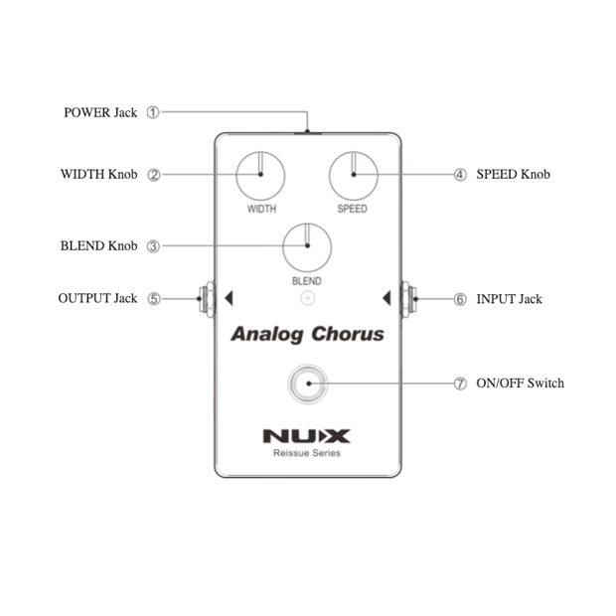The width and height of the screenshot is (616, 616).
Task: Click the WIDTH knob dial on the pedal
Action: [261, 175]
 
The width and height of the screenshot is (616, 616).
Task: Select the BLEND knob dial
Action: [307, 246]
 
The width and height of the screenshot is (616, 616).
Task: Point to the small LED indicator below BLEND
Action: [307, 296]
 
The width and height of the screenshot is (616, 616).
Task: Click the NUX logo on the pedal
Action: [306, 435]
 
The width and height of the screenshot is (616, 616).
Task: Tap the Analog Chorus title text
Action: [307, 334]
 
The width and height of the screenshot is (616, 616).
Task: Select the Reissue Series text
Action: [306, 453]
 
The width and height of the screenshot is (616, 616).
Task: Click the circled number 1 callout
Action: [153, 112]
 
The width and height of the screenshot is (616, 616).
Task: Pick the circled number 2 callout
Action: [153, 175]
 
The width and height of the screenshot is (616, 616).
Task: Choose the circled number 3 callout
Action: [153, 246]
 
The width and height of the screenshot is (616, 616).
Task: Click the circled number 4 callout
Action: [460, 175]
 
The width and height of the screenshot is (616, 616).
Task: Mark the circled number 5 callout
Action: [153, 298]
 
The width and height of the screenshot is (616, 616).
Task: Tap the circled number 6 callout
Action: [460, 298]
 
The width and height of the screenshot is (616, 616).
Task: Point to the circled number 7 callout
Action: [460, 384]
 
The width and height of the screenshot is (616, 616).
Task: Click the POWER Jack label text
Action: [100, 112]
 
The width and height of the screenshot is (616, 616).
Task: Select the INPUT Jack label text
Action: [509, 298]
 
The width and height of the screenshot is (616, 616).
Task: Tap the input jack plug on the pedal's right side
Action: [407, 298]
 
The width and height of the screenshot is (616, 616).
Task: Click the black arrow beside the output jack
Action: [228, 297]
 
